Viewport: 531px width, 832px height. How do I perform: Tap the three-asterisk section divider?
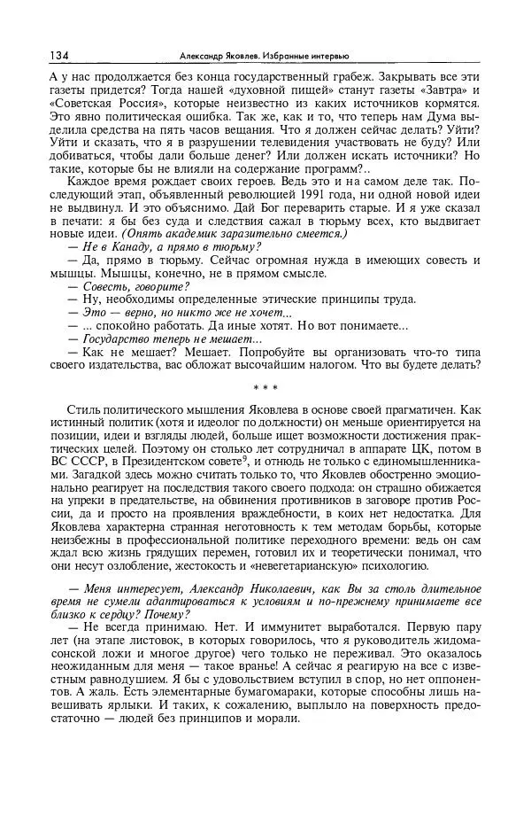265,388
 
